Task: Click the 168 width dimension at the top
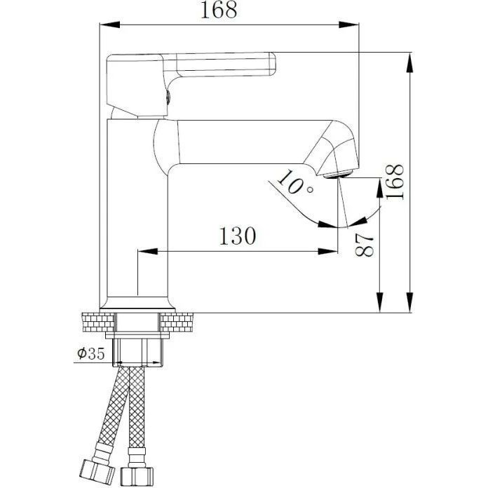tap(219, 10)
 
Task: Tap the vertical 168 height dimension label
tap(395, 182)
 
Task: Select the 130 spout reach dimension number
tap(238, 236)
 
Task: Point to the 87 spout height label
tap(365, 245)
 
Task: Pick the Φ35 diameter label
tap(91, 353)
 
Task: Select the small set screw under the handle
tap(168, 97)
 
